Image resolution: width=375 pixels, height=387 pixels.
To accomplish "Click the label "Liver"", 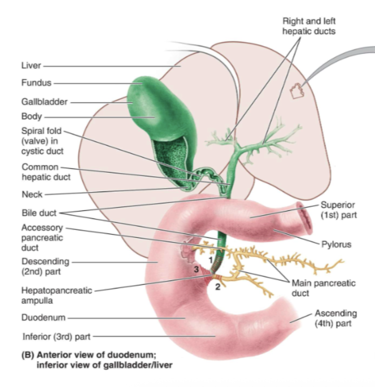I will click(x=31, y=66).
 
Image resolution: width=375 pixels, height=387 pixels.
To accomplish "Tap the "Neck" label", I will click(x=32, y=194).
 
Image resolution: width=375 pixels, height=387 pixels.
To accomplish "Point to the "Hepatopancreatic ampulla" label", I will click(x=56, y=295).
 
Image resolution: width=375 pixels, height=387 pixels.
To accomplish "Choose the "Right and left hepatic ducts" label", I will click(x=309, y=26).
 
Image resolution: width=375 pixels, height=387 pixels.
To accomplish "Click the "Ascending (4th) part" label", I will click(x=335, y=318).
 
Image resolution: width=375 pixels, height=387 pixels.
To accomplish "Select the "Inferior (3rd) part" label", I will click(x=56, y=337).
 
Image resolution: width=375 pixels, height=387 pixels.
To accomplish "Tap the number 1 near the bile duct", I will click(x=211, y=260).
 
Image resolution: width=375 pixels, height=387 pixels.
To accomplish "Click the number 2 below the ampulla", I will click(x=218, y=287).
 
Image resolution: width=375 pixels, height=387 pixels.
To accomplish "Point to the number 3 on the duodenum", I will click(x=196, y=270).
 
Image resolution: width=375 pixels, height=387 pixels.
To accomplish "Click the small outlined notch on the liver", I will click(x=296, y=91).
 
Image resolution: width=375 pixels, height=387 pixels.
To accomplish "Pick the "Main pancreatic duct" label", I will click(x=323, y=288).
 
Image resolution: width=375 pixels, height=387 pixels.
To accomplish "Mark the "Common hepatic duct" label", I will click(x=46, y=172).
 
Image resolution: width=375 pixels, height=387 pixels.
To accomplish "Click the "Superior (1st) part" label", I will click(x=338, y=210).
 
